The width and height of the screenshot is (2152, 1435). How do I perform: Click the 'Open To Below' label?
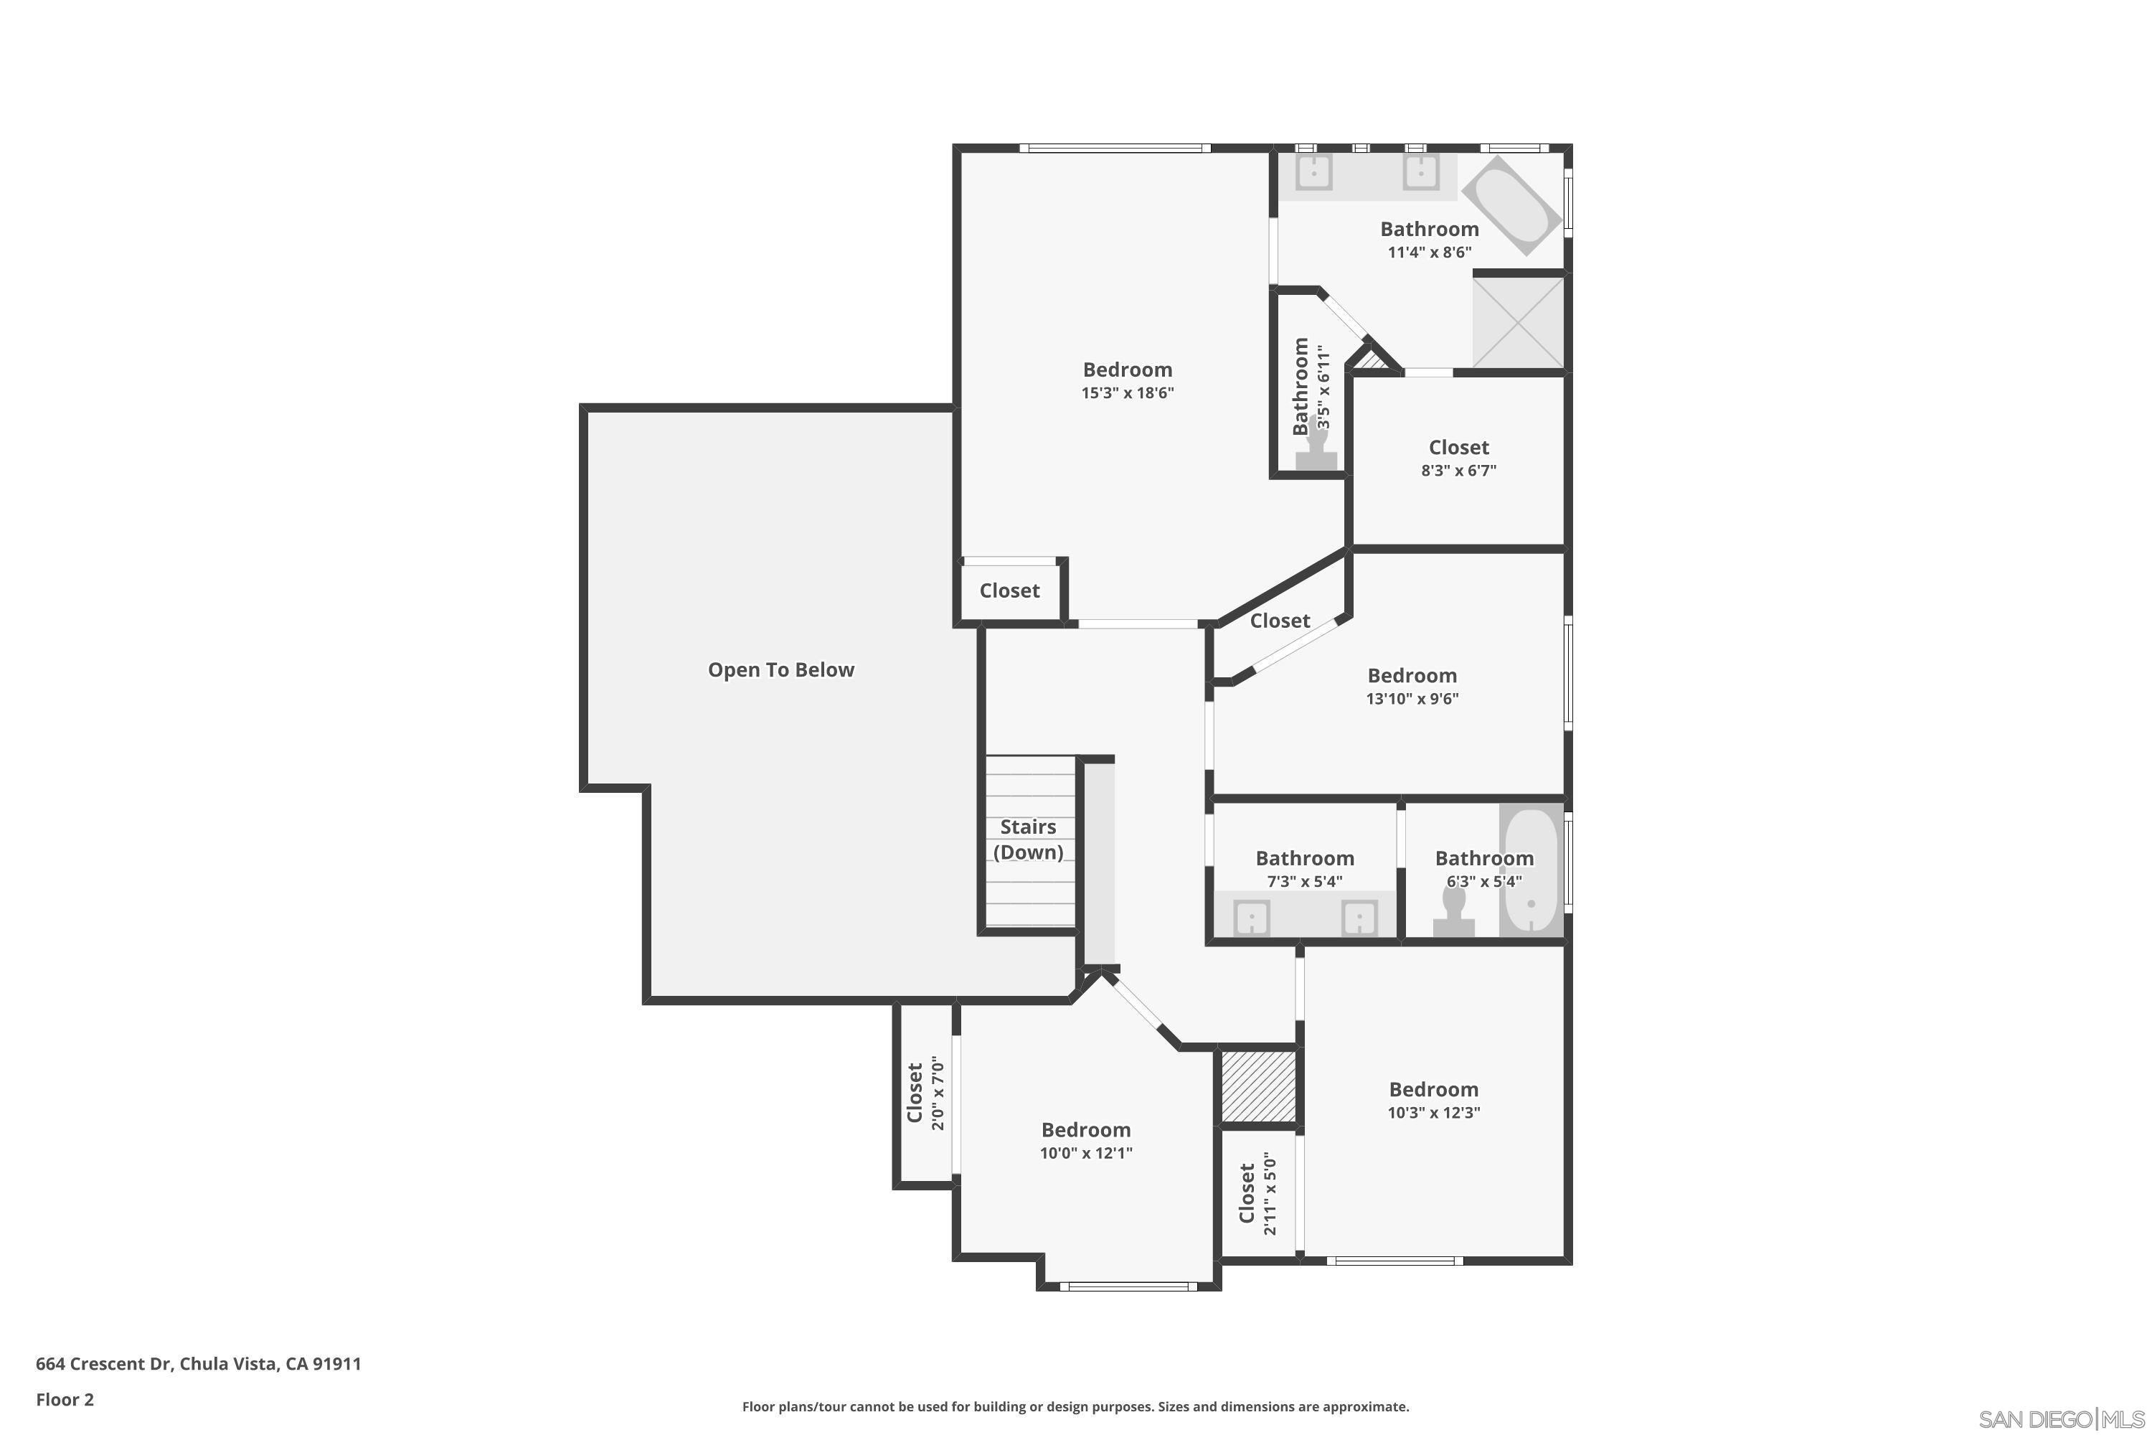pyautogui.click(x=780, y=670)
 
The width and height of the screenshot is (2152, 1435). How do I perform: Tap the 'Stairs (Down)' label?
pyautogui.click(x=1029, y=839)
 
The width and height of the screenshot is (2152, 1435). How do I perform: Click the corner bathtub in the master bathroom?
pyautogui.click(x=1511, y=206)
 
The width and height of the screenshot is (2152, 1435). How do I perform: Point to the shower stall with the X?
pyautogui.click(x=1518, y=322)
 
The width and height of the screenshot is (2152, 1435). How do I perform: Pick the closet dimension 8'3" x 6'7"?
pyautogui.click(x=1458, y=471)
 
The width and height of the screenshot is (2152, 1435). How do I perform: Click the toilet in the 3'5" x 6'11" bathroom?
pyautogui.click(x=1318, y=446)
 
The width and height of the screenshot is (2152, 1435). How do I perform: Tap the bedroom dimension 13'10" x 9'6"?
pyautogui.click(x=1412, y=699)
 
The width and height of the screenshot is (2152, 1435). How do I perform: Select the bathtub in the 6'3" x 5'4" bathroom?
pyautogui.click(x=1531, y=870)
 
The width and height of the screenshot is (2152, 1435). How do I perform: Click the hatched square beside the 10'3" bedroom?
pyautogui.click(x=1258, y=1086)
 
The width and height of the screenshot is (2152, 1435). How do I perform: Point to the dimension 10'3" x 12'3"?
pyautogui.click(x=1434, y=1113)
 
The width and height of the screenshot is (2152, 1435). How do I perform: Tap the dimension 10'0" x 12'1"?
pyautogui.click(x=1086, y=1153)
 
